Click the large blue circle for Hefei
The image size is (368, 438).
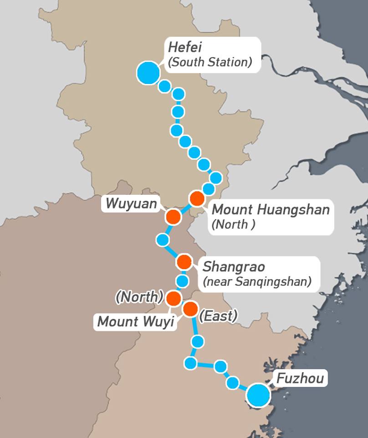tap(148, 73)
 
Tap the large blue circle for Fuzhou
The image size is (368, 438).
tap(258, 395)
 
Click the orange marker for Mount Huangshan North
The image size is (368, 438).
tap(197, 199)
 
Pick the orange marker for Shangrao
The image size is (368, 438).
tap(184, 262)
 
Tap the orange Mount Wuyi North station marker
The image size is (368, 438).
tap(174, 298)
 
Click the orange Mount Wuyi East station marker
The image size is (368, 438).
tap(190, 309)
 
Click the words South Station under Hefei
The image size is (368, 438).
tap(210, 63)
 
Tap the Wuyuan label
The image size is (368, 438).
tap(131, 203)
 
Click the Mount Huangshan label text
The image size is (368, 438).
tap(271, 210)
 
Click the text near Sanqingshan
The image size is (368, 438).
tap(257, 282)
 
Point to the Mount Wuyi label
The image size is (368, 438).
tap(136, 322)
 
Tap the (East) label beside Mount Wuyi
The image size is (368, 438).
tap(218, 316)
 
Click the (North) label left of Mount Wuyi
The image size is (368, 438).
tap(139, 297)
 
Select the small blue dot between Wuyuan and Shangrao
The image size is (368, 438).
tap(163, 239)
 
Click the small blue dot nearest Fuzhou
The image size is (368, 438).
tap(233, 382)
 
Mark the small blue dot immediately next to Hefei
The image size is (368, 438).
tap(165, 86)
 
